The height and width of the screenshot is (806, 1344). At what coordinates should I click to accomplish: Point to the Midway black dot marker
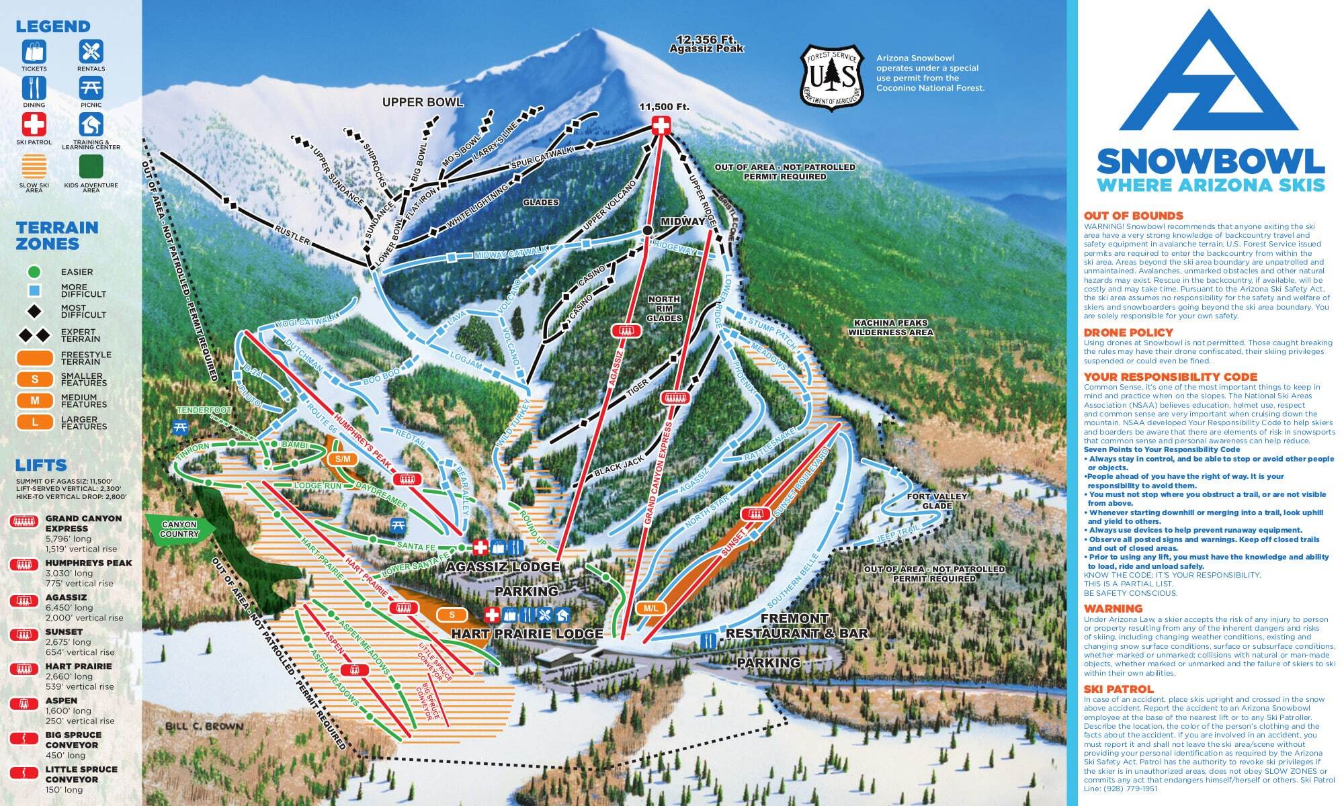pos(647,230)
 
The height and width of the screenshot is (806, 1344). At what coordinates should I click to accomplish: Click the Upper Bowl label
pos(422,102)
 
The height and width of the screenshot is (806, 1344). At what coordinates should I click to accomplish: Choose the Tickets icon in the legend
pos(34,52)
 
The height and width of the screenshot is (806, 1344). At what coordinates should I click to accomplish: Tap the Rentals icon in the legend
pos(91,52)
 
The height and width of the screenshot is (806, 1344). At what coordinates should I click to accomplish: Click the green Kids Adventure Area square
pos(91,167)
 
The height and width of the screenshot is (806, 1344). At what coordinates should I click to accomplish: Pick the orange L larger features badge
pos(35,422)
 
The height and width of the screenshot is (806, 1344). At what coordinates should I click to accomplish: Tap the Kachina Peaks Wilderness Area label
pos(890,328)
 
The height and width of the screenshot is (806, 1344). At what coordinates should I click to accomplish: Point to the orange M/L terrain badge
pos(650,608)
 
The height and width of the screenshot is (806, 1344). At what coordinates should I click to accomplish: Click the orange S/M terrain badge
pos(343,459)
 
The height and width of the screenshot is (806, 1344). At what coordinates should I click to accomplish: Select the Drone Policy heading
pos(1128,332)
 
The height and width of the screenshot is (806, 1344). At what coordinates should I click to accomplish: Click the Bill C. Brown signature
pos(204,726)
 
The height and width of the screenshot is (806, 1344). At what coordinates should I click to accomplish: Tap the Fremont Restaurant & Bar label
pos(796,625)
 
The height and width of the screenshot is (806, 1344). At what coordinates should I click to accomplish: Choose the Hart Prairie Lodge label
pos(527,633)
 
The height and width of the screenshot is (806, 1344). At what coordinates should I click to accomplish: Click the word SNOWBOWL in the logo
pos(1210,161)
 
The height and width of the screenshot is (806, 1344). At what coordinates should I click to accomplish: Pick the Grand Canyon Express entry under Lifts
pos(83,523)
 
